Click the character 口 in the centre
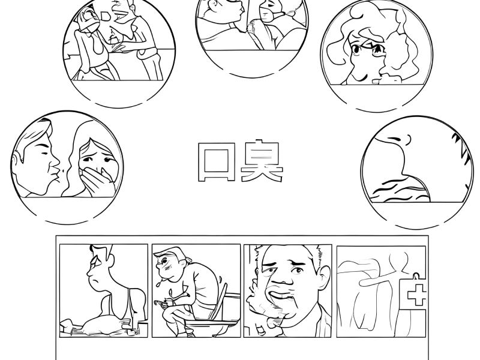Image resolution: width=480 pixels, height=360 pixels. [x=216, y=161]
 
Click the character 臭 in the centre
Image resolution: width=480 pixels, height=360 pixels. [x=262, y=161]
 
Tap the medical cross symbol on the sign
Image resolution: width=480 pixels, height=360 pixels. [x=416, y=295]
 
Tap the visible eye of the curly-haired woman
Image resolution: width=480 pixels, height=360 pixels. [x=356, y=49]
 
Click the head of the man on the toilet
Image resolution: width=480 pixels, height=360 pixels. [x=170, y=264]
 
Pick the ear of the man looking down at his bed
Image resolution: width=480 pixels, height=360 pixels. [x=111, y=260]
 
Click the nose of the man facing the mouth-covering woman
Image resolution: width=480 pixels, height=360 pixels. [x=55, y=161]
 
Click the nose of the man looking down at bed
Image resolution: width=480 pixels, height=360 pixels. [x=89, y=271]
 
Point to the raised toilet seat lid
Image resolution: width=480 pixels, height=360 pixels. [x=220, y=301]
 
